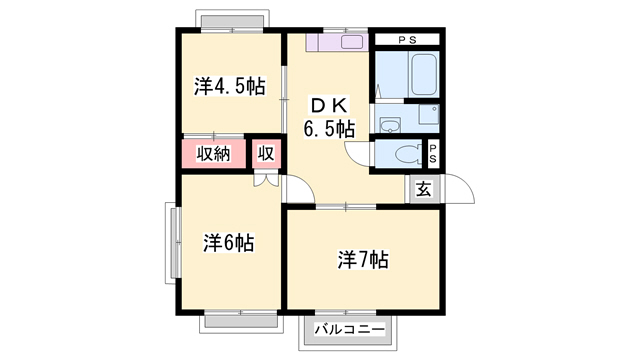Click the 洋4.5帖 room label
229,86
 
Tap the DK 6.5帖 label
329,116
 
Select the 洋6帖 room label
229,242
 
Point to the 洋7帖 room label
362,261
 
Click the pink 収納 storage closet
213,154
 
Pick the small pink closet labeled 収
266,154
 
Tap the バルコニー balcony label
350,328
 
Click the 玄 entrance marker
423,188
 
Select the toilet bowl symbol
405,154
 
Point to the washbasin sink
390,125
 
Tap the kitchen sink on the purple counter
355,43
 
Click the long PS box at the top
407,39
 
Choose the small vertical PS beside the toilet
433,154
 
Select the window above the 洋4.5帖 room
233,22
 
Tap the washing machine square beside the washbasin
427,114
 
